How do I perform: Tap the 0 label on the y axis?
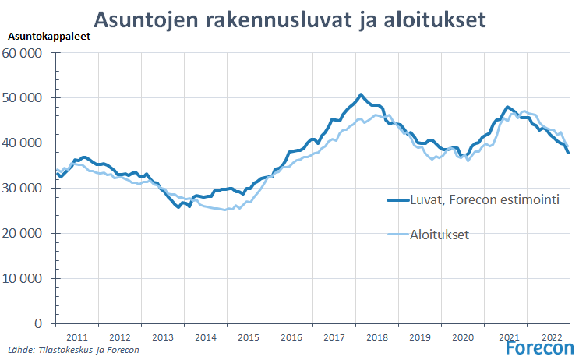(x=37, y=323)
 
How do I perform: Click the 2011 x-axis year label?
(x=76, y=337)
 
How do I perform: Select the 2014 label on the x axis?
(x=205, y=337)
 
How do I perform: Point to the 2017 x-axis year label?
(x=334, y=337)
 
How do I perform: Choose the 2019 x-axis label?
(x=420, y=337)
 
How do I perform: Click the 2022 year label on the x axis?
(x=552, y=337)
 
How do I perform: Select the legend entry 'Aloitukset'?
(x=440, y=235)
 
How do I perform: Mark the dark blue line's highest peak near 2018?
(x=360, y=95)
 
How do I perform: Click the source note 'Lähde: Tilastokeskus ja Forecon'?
(x=74, y=351)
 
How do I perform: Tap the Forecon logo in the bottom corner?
(x=538, y=347)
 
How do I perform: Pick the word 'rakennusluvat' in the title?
(x=267, y=18)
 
